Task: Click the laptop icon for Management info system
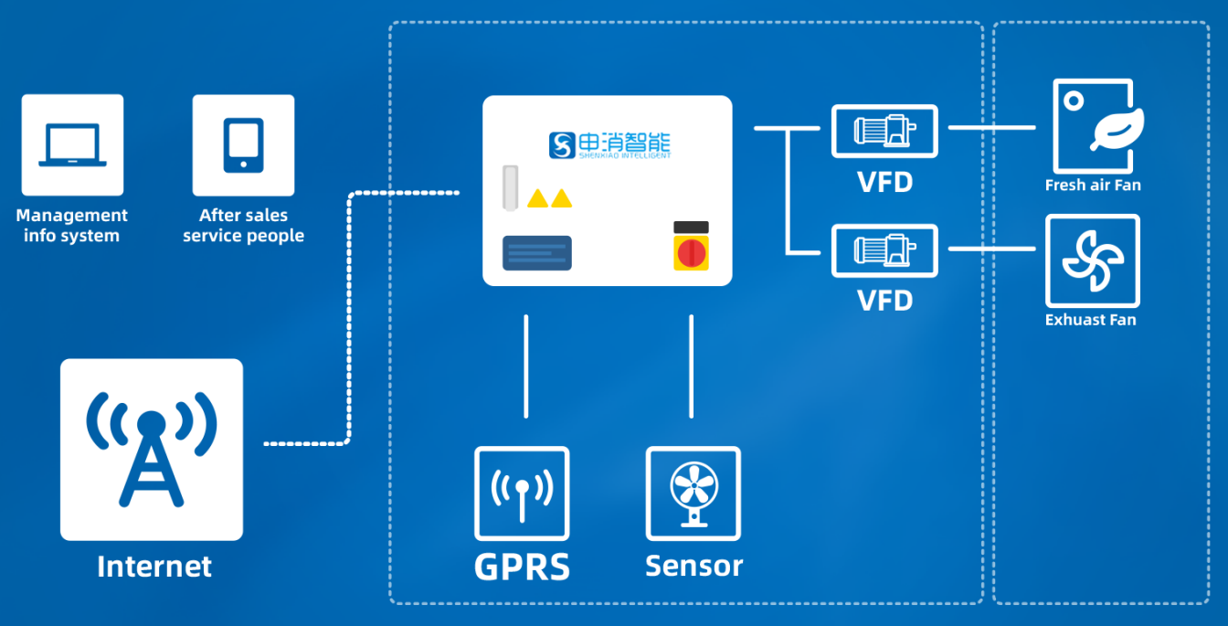coord(72,144)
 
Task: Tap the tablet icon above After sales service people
coord(243,144)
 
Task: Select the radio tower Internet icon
coord(152,449)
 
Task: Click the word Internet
coord(153,567)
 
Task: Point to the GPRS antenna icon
coord(522,493)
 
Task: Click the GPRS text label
coord(522,567)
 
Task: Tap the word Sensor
coord(693,566)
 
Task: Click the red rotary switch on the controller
coord(691,250)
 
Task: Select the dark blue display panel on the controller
coord(537,253)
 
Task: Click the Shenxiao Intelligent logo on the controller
coord(609,144)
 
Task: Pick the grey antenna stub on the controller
coord(510,187)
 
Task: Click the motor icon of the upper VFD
coord(884,130)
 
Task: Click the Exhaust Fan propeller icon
coord(1093,260)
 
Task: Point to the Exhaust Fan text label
coord(1090,320)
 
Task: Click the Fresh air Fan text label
coord(1093,186)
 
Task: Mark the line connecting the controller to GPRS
coord(525,366)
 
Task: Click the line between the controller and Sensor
coord(691,366)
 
